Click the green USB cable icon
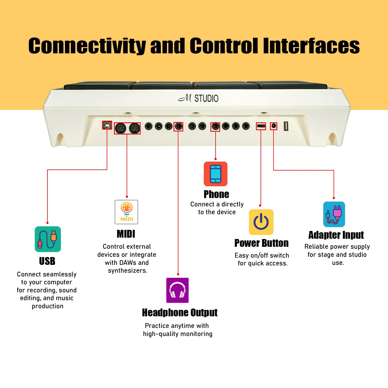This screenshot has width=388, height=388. point(48,239)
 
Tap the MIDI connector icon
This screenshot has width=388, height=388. point(126,212)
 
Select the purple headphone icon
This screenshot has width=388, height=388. point(177,290)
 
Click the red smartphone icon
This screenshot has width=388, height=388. point(216,174)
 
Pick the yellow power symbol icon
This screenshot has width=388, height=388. point(261,222)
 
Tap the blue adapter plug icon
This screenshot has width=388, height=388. point(334,214)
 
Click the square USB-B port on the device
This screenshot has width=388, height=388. point(107,125)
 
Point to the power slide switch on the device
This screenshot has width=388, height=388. point(261,126)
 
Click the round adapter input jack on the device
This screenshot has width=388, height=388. point(274,126)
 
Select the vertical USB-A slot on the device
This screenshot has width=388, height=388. point(286,126)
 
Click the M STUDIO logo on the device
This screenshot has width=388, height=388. point(198,98)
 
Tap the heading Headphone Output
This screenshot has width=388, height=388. point(180,313)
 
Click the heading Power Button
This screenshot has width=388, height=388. point(261,243)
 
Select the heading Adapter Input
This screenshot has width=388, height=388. point(336,235)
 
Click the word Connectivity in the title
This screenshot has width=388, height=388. point(87,46)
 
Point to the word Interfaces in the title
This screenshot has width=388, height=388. point(311,46)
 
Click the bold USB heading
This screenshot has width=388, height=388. point(47,261)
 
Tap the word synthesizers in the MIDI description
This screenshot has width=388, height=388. point(127,271)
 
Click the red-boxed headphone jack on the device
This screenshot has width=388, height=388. point(178,126)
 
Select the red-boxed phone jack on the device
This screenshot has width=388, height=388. point(215,126)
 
